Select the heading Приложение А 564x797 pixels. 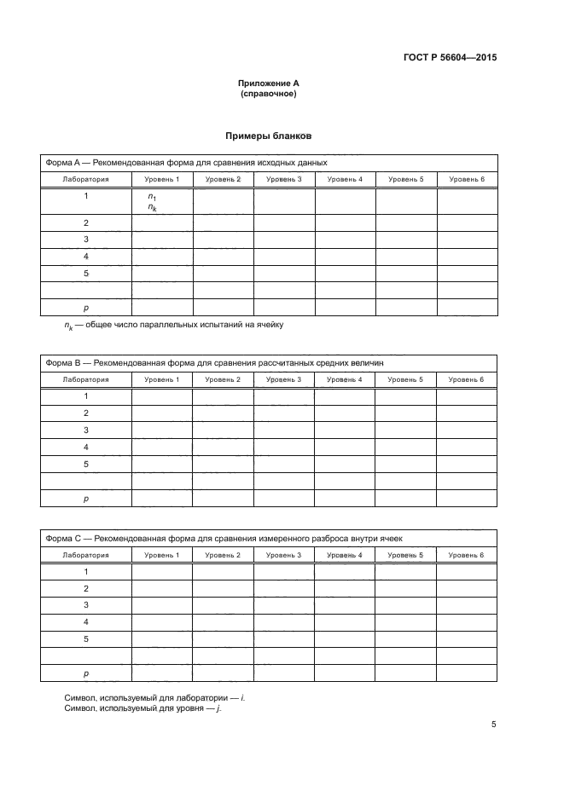(x=268, y=84)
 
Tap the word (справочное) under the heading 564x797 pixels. (x=268, y=94)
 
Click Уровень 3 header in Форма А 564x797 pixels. (x=284, y=179)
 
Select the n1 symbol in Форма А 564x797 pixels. (x=152, y=197)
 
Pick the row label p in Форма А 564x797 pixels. (x=86, y=307)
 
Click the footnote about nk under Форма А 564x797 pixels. (x=173, y=325)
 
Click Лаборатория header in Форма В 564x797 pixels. (x=86, y=379)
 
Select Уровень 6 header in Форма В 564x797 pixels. (x=467, y=379)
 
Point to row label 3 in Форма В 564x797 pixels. (x=86, y=430)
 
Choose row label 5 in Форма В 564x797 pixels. (x=86, y=464)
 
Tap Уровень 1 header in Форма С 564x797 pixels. (x=161, y=555)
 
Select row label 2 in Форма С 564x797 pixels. (x=86, y=588)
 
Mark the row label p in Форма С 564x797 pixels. (x=86, y=673)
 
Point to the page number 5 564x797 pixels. (x=494, y=725)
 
